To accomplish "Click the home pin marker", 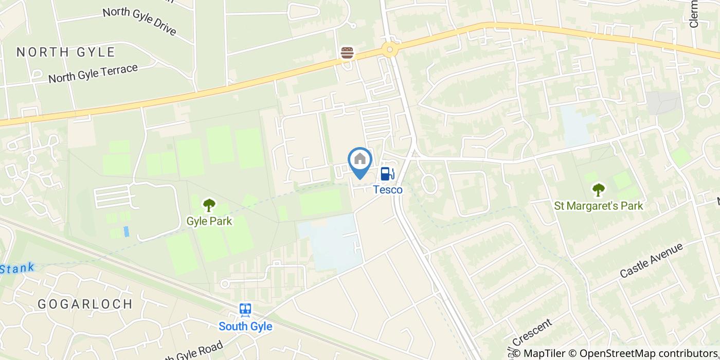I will pos(360,160).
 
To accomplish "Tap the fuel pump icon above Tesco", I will pos(388,174).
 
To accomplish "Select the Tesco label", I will pos(388,190).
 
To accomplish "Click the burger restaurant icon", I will pos(347,52).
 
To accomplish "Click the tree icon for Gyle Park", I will pos(209,205).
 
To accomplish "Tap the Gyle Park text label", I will pos(209,221).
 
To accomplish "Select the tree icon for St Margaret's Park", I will pos(598,190).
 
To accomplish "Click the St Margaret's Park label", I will pos(598,206).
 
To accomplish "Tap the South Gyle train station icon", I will pos(245,310).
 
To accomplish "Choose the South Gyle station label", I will pos(245,326).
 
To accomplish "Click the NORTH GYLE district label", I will pos(66,52).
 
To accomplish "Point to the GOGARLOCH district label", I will pos(85,304).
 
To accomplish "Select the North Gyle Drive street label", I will pos(139,21).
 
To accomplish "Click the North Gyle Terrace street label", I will pos(93,74).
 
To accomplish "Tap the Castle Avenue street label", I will pos(651,260).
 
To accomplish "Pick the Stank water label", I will pos(17,268).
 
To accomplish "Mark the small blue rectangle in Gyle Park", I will pos(126,231).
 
